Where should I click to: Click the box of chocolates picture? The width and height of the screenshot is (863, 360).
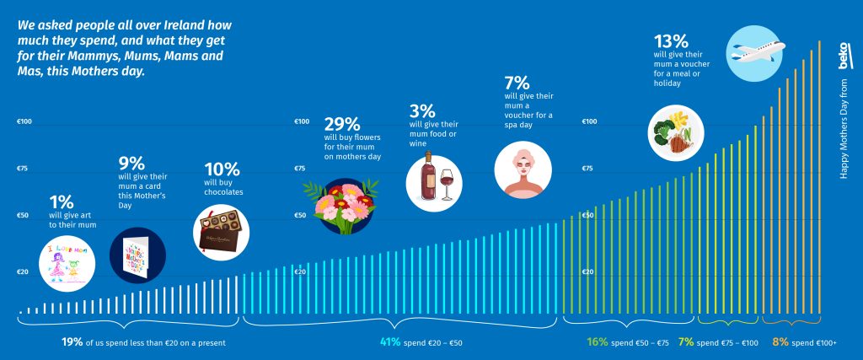coord(222,228)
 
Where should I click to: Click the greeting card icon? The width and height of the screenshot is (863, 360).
coord(137,255)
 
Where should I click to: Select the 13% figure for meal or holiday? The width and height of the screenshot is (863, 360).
coord(671,40)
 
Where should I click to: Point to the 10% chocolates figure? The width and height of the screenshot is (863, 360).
coord(221,168)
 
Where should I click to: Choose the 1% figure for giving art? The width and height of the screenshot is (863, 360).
coord(62,201)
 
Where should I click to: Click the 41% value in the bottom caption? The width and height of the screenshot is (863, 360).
coord(389,342)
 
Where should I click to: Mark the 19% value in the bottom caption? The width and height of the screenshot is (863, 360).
coord(72,342)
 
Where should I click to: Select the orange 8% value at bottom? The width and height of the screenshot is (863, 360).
coord(780,342)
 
